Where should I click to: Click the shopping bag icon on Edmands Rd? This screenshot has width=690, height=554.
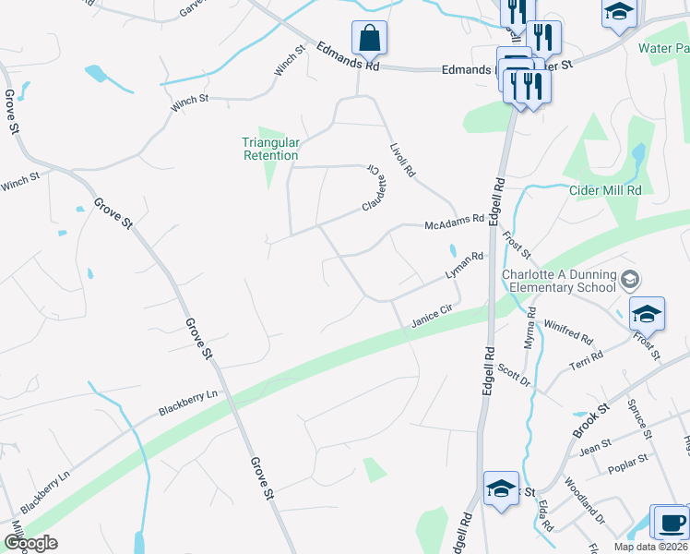click(x=369, y=39)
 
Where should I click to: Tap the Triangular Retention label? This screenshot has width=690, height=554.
click(x=270, y=149)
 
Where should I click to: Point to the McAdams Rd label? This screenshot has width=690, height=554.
click(x=454, y=223)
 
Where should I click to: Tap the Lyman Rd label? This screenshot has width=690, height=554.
click(x=464, y=266)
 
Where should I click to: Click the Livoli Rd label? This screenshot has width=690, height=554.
click(x=402, y=160)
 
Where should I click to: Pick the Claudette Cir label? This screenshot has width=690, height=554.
click(x=373, y=187)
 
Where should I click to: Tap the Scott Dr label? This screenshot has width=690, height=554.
click(x=514, y=374)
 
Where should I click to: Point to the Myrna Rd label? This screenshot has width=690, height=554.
click(x=531, y=327)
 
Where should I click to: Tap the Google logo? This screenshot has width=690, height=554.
click(x=30, y=543)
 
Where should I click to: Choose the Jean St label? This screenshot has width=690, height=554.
click(x=595, y=445)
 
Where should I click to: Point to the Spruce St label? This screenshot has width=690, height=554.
click(x=638, y=417)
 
